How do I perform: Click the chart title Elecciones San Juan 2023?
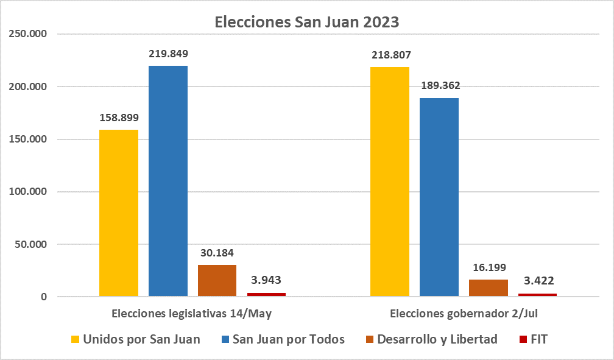point(307,23)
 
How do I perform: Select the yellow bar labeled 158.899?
point(119,213)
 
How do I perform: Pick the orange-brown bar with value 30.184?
point(217,281)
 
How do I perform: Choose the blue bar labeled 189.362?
point(439,197)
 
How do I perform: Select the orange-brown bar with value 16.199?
point(489,288)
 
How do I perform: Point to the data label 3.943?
point(266,281)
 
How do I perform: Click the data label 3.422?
point(537,281)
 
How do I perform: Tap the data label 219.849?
point(168,54)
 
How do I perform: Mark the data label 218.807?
point(390,55)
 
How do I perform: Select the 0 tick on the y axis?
point(43,297)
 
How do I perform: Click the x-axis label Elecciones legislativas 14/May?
point(191,314)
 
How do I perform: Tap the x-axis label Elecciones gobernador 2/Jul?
point(463,314)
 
